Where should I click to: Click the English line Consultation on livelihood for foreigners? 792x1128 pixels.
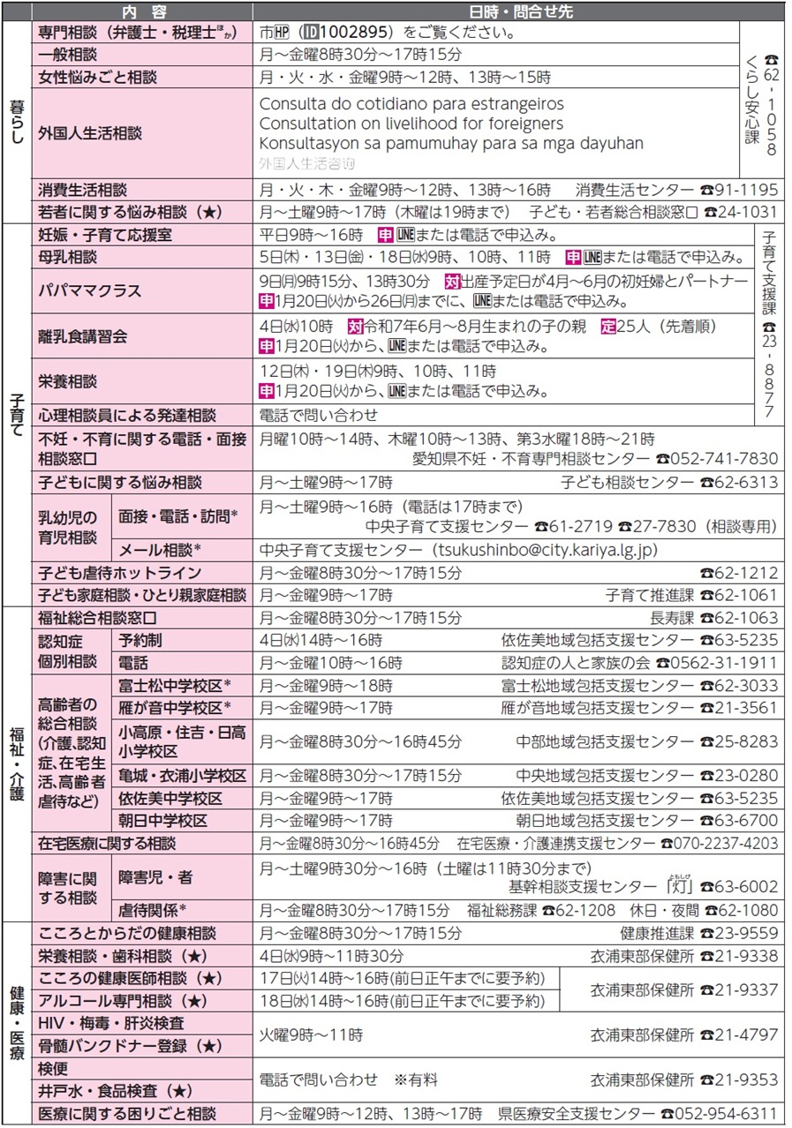[x=411, y=124]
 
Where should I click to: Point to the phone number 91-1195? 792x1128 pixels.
[x=746, y=190]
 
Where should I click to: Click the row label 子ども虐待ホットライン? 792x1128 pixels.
[x=120, y=573]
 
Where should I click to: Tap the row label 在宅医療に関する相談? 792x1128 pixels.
[x=107, y=843]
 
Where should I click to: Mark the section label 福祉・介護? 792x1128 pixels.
[x=16, y=763]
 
